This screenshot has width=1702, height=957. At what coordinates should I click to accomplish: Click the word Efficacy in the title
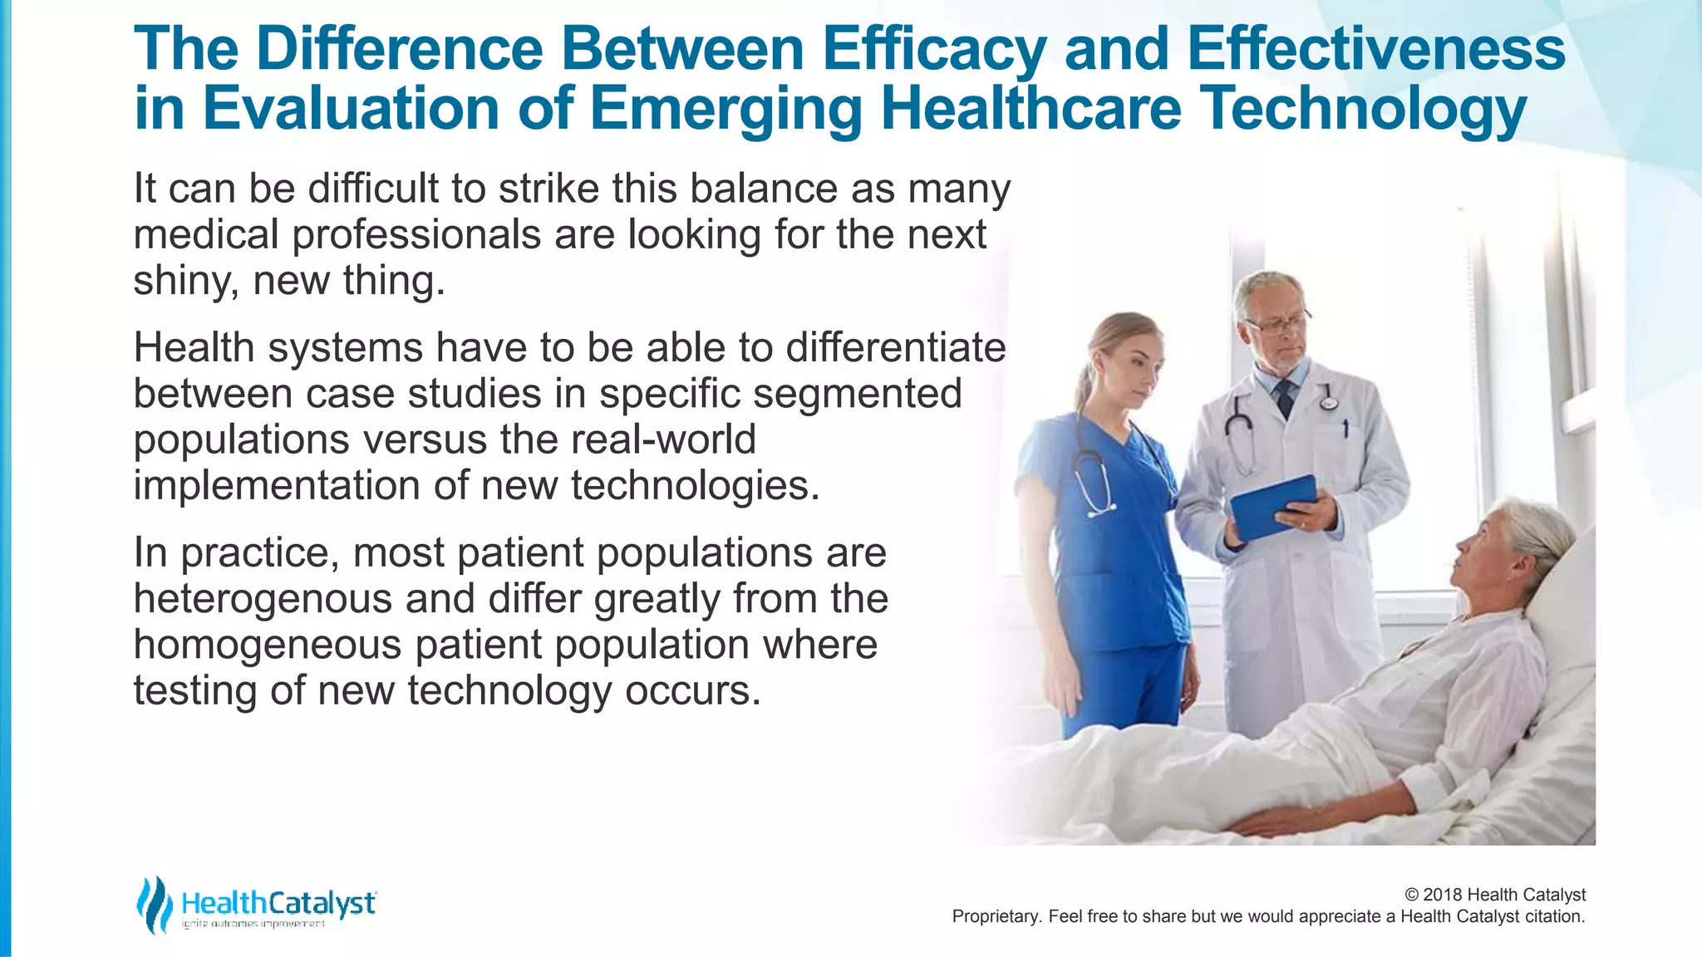pos(933,50)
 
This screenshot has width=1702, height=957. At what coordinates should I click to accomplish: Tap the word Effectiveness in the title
pos(1376,50)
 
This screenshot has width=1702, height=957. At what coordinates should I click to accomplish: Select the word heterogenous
pos(263,599)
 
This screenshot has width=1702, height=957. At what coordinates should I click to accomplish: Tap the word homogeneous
pos(267,645)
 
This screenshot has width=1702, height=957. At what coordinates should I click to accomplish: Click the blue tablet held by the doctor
pos(1272,506)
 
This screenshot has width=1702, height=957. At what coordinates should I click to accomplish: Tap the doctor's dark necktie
pos(1285,397)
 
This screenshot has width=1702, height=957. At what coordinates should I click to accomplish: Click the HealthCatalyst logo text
pos(278,903)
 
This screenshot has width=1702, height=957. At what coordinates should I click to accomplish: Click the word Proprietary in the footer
pos(996,916)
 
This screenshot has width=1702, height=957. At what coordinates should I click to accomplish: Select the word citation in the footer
pos(1554,916)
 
